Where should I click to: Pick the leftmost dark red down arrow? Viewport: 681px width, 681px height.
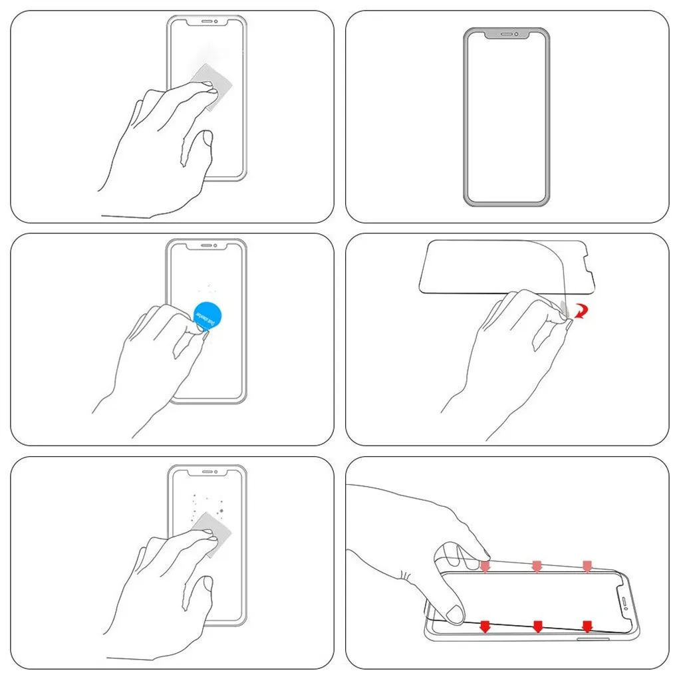click(x=485, y=626)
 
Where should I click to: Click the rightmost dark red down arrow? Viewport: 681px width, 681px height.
click(x=587, y=626)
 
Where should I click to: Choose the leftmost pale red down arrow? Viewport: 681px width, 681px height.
click(x=485, y=565)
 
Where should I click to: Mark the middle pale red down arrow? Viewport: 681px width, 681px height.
click(x=536, y=565)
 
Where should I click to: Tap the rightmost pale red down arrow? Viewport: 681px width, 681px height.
click(x=587, y=565)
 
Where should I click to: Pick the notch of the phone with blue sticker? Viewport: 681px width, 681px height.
click(x=205, y=245)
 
